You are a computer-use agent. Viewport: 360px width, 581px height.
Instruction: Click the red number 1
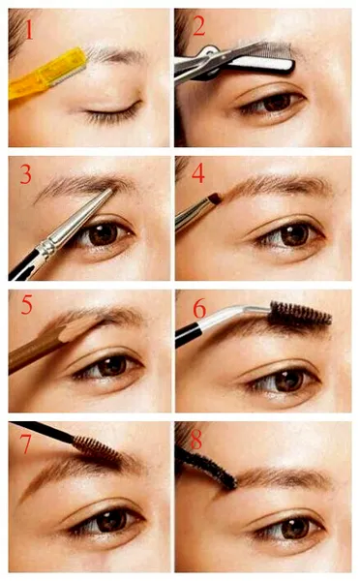click(x=29, y=30)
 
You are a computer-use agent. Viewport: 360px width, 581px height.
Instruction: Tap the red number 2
click(x=199, y=26)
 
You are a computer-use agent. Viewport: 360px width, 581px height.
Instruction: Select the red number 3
click(x=25, y=174)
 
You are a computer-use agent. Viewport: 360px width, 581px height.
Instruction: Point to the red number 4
click(x=198, y=173)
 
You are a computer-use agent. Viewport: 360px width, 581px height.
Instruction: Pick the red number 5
click(x=27, y=305)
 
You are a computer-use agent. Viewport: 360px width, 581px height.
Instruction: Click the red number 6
click(x=199, y=308)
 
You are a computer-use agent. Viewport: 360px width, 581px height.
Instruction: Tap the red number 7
click(x=25, y=443)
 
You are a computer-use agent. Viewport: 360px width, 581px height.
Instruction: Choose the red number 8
click(x=195, y=440)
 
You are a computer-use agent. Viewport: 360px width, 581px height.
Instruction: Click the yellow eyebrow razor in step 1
click(x=47, y=73)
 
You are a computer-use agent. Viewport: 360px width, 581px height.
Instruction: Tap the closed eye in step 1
click(x=112, y=112)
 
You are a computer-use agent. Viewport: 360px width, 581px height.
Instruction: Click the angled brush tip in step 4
click(x=216, y=199)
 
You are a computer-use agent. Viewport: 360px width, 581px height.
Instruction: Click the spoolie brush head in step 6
click(x=299, y=315)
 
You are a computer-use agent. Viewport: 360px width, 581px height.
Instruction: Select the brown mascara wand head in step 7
click(x=97, y=449)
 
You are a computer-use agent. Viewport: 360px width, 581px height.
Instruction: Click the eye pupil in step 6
click(x=289, y=381)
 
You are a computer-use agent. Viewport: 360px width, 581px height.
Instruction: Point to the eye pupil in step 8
click(x=295, y=529)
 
